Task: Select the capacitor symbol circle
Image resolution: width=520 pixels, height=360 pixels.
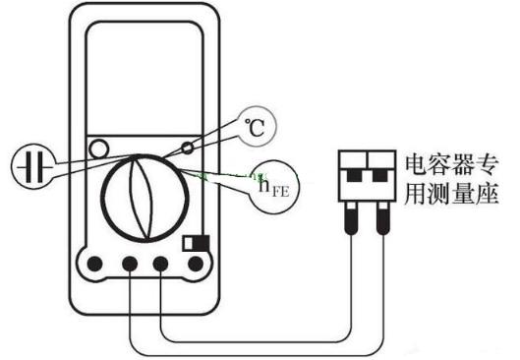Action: click(32, 165)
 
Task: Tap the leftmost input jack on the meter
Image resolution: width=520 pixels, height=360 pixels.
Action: click(96, 264)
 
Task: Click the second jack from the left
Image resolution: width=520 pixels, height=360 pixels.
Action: click(130, 264)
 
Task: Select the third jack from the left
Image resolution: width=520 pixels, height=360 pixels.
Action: click(162, 264)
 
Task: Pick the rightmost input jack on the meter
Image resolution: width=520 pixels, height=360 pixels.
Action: click(196, 264)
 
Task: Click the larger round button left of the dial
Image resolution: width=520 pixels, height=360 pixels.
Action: click(97, 150)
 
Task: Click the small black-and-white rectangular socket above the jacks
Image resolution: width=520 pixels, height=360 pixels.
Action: click(195, 241)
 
